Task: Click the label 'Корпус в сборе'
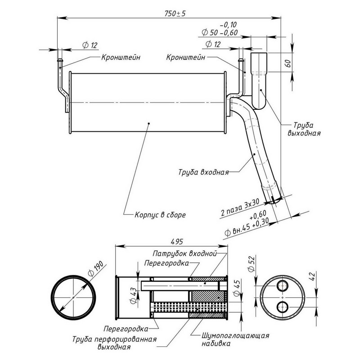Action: pyautogui.click(x=160, y=215)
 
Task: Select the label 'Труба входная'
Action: pyautogui.click(x=204, y=172)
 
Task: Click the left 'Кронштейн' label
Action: pyautogui.click(x=120, y=58)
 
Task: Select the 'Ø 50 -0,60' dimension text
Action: pyautogui.click(x=220, y=33)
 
